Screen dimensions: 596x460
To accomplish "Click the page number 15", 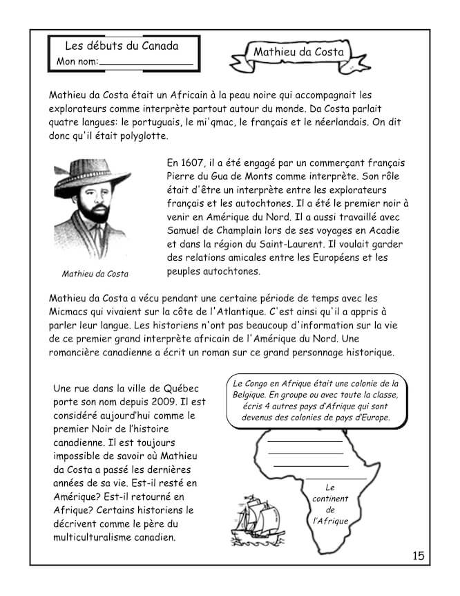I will [419, 555].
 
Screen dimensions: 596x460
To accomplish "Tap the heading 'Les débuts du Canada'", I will [122, 46].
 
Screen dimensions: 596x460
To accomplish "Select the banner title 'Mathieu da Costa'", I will [299, 52].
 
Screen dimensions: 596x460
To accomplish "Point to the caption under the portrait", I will [95, 273].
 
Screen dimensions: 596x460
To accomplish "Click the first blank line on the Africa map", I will [305, 440].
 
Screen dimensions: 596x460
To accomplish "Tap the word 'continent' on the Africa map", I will [330, 499].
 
